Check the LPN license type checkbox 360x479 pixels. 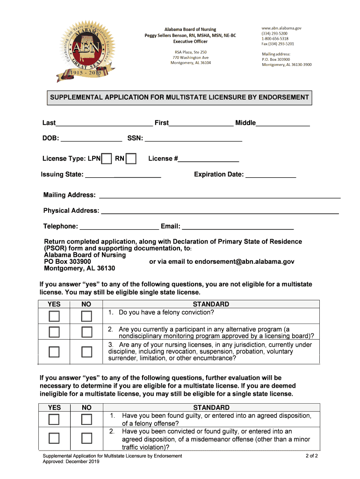[x=107, y=159]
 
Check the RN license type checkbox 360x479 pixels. [x=131, y=159]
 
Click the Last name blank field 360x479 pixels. [x=104, y=123]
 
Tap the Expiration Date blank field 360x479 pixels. [x=271, y=175]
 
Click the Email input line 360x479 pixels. [x=238, y=226]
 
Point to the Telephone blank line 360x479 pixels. [x=119, y=226]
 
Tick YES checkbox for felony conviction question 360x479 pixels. [x=55, y=316]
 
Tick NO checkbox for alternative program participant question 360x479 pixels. [x=86, y=333]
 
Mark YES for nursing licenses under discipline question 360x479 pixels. [x=55, y=351]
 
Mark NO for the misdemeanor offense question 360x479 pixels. [x=86, y=438]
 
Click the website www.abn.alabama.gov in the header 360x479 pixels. [x=281, y=28]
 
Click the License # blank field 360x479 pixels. [x=209, y=159]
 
